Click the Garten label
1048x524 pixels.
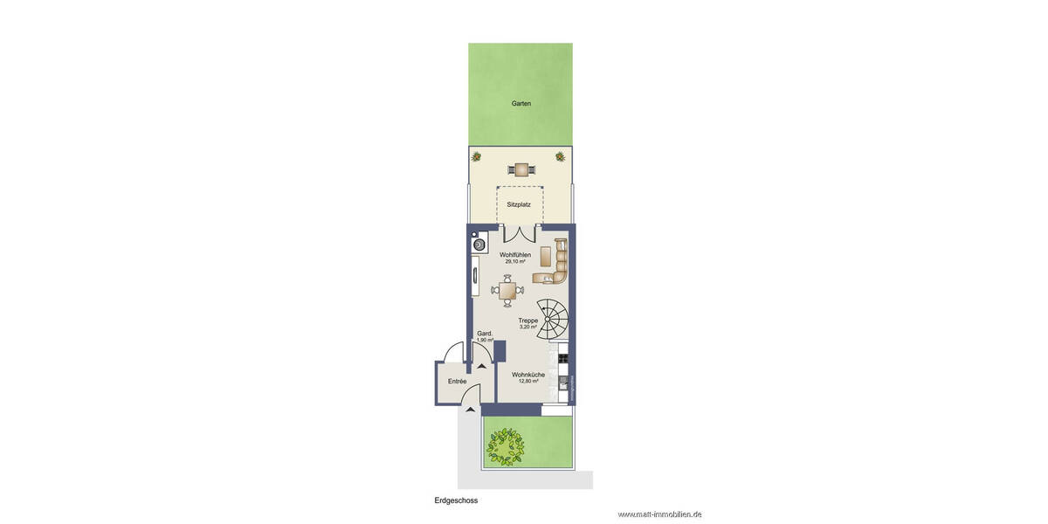tap(521, 103)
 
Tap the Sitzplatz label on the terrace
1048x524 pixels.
tap(519, 204)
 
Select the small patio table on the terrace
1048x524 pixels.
tap(521, 169)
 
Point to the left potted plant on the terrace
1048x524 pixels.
tap(477, 157)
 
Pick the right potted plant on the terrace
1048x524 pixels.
tap(560, 157)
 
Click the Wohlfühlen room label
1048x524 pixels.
tap(515, 254)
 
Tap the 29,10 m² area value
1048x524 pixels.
tap(515, 262)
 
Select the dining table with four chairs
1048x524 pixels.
tap(507, 290)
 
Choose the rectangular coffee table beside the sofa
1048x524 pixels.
tap(546, 256)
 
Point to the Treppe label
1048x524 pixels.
tap(527, 321)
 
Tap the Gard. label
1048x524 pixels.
tap(485, 334)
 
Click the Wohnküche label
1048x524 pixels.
tap(528, 375)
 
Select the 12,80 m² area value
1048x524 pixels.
tap(528, 382)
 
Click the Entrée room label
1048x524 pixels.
tap(457, 382)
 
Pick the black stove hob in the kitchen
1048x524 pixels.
tap(563, 355)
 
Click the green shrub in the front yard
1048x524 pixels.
tap(505, 445)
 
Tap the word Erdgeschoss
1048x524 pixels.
tap(456, 501)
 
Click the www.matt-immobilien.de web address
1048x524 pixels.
tap(659, 514)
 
